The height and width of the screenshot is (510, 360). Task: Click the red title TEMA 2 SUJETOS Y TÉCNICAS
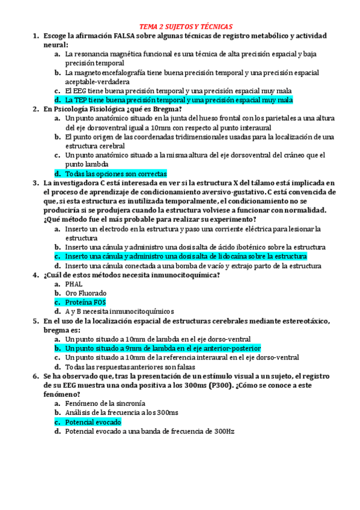point(180,27)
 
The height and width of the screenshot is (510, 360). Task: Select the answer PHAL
point(74,284)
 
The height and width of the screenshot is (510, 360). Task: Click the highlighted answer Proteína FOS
point(85,302)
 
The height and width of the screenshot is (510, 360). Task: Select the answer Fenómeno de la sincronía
point(105,404)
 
